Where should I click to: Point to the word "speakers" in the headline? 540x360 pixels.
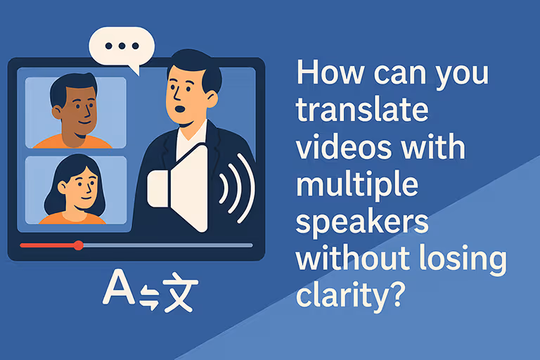[362, 223]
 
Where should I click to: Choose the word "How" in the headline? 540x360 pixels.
[324, 74]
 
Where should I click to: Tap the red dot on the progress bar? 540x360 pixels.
[79, 245]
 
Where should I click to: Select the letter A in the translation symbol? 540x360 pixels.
[117, 289]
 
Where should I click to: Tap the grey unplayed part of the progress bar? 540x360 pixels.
[169, 245]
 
